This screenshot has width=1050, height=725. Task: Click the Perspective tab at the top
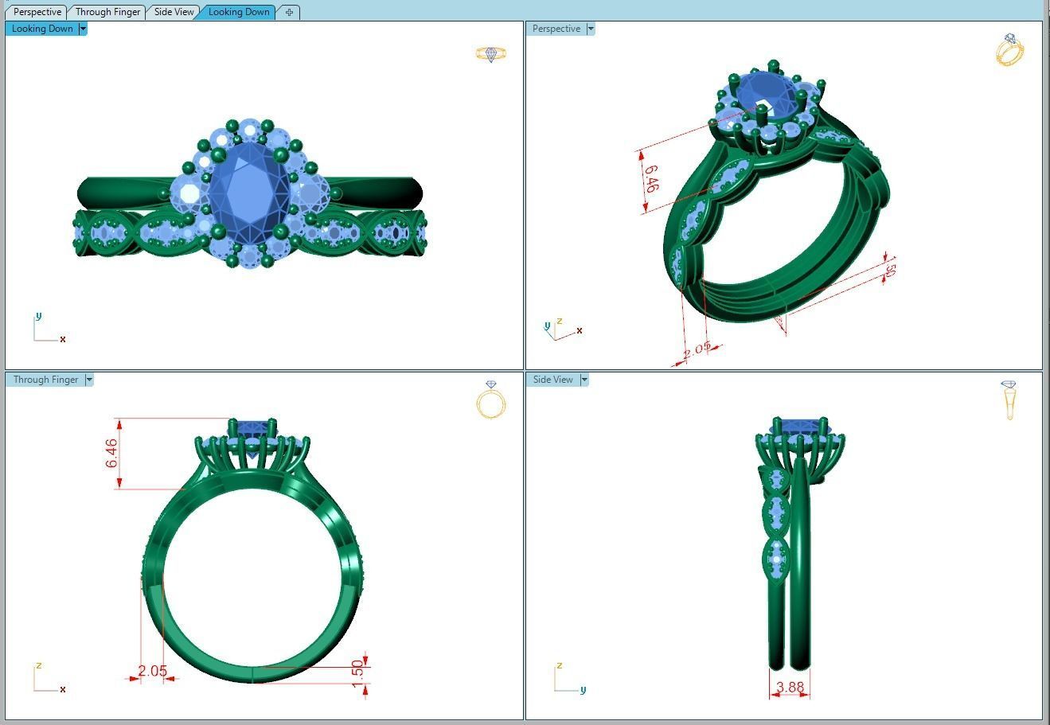(37, 12)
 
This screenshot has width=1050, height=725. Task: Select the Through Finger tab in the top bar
(107, 12)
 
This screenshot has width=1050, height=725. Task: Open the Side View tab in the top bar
(174, 12)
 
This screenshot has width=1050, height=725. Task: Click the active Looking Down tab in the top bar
(239, 12)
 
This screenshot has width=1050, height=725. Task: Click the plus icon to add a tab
(289, 12)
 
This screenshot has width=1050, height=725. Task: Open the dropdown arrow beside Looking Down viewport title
(83, 29)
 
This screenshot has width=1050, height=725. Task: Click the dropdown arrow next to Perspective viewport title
(590, 29)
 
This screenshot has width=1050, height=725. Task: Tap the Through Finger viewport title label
(45, 380)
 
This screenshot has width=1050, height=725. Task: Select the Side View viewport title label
(552, 380)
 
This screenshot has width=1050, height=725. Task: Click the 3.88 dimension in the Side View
(790, 687)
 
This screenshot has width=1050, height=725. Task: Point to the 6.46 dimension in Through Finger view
(111, 453)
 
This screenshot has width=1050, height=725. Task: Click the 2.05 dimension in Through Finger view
(152, 671)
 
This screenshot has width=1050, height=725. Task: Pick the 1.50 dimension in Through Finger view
(357, 670)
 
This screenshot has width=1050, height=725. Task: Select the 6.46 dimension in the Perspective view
(650, 179)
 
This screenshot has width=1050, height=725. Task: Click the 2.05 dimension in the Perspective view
(697, 349)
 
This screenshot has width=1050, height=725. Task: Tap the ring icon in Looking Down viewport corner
(490, 54)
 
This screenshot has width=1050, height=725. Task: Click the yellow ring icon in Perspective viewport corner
(1009, 49)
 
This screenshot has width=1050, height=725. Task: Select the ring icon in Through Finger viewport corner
(490, 400)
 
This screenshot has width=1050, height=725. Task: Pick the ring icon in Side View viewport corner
(1009, 400)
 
